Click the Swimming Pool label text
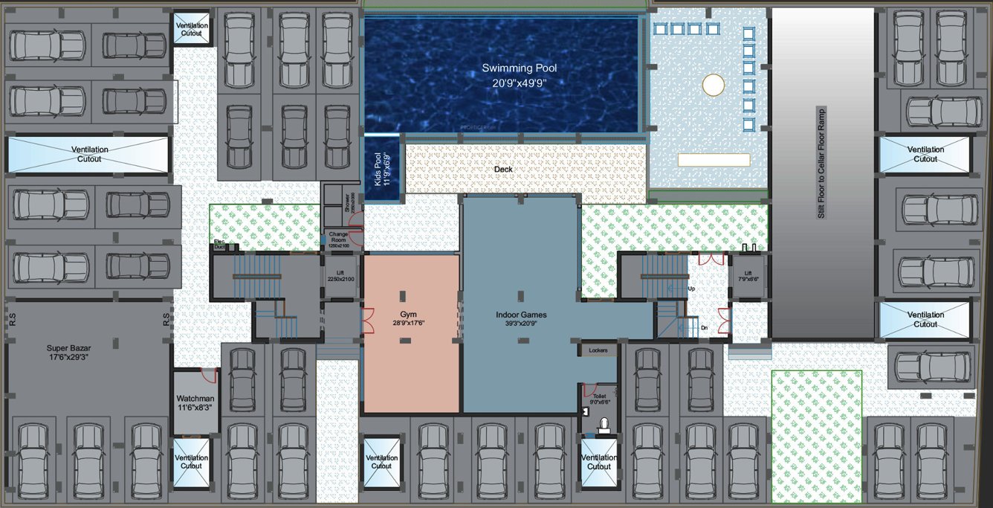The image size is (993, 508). (519, 68)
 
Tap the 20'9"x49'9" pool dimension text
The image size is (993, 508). (519, 83)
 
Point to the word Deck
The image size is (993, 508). (503, 170)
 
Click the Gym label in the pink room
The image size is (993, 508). (408, 315)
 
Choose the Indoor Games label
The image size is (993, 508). (521, 315)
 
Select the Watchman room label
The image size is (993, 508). (195, 399)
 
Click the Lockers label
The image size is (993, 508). (598, 350)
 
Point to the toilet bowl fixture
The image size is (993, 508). (604, 424)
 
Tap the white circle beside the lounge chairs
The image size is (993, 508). (713, 85)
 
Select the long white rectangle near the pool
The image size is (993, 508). (714, 160)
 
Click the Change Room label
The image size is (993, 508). (338, 237)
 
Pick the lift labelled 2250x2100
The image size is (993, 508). (340, 276)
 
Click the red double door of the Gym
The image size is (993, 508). (366, 321)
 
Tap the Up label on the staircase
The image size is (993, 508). (692, 288)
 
